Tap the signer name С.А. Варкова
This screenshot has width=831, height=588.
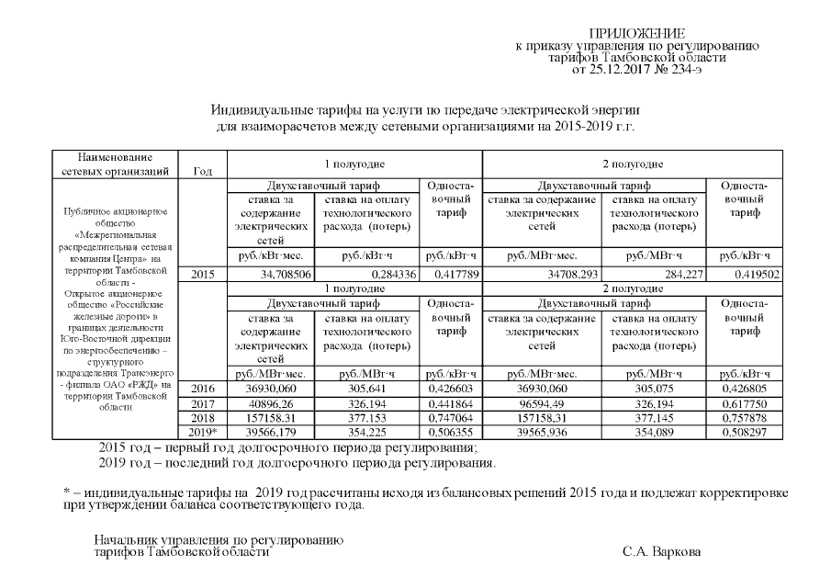click(x=660, y=552)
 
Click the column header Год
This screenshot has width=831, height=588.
click(x=202, y=170)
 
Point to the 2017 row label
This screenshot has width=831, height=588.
click(x=202, y=403)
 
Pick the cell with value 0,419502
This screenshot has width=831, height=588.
click(x=743, y=275)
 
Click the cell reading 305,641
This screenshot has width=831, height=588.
click(x=365, y=390)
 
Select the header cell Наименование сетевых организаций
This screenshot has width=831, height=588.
click(x=115, y=164)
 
